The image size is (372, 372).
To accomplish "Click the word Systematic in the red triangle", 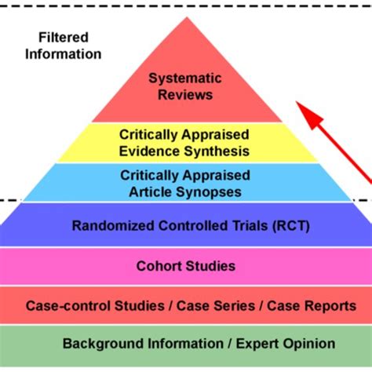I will click(185, 78).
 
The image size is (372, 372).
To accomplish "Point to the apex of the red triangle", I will click(186, 17).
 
